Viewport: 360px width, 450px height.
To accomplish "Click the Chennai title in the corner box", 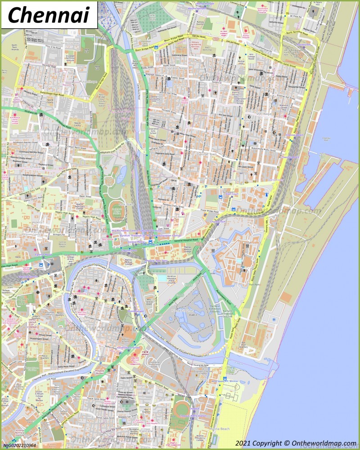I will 48,14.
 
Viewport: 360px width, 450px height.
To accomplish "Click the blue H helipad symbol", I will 274,320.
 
